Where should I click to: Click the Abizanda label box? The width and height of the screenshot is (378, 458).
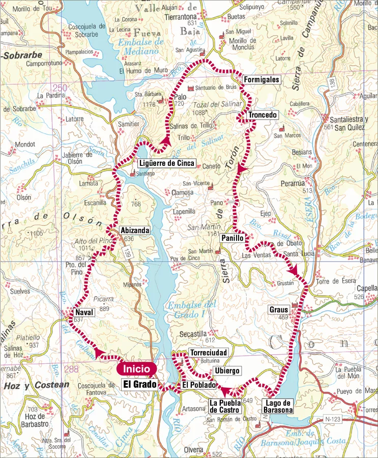[135, 231]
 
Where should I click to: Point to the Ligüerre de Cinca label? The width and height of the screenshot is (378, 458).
[167, 163]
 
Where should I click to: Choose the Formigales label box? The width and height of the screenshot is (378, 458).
[261, 80]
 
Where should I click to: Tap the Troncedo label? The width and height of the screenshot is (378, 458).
[263, 115]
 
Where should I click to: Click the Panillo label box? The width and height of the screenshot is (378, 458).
[234, 238]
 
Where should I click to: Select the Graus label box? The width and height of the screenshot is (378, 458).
[280, 309]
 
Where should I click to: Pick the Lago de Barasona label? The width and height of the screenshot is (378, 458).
[277, 406]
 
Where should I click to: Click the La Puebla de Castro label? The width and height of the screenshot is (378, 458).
[226, 406]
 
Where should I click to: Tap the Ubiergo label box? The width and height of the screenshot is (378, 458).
[227, 371]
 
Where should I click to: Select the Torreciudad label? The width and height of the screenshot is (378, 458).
[208, 352]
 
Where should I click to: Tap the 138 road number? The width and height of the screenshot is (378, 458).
[331, 82]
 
